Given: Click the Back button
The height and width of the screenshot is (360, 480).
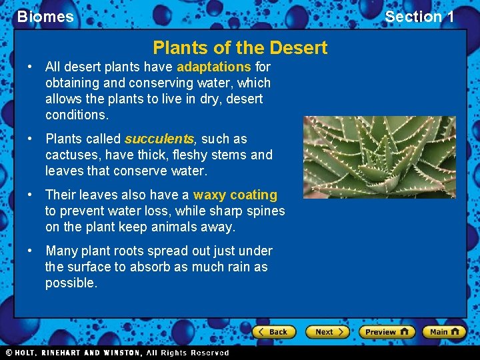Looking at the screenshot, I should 273,331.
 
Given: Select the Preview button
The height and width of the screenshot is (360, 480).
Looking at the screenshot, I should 387,331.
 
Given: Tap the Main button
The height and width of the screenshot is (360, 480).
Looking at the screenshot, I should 444,331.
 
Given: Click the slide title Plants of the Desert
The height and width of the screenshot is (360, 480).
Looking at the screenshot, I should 240,48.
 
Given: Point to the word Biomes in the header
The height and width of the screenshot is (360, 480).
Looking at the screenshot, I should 45,17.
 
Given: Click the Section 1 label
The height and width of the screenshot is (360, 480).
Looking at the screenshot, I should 419,17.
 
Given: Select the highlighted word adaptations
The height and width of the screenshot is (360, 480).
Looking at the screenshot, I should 214,67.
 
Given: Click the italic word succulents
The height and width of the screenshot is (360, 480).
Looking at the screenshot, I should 159,139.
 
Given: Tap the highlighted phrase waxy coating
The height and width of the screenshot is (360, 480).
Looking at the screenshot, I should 235,195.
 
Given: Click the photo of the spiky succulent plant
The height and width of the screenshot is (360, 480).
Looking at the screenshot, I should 379,157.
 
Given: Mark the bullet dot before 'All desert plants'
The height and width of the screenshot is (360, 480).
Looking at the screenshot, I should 30,67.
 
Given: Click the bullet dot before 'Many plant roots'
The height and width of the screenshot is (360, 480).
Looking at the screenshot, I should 30,251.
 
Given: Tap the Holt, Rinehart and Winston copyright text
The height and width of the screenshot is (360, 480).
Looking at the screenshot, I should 117,353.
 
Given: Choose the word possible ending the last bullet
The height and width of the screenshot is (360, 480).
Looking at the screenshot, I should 71,283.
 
